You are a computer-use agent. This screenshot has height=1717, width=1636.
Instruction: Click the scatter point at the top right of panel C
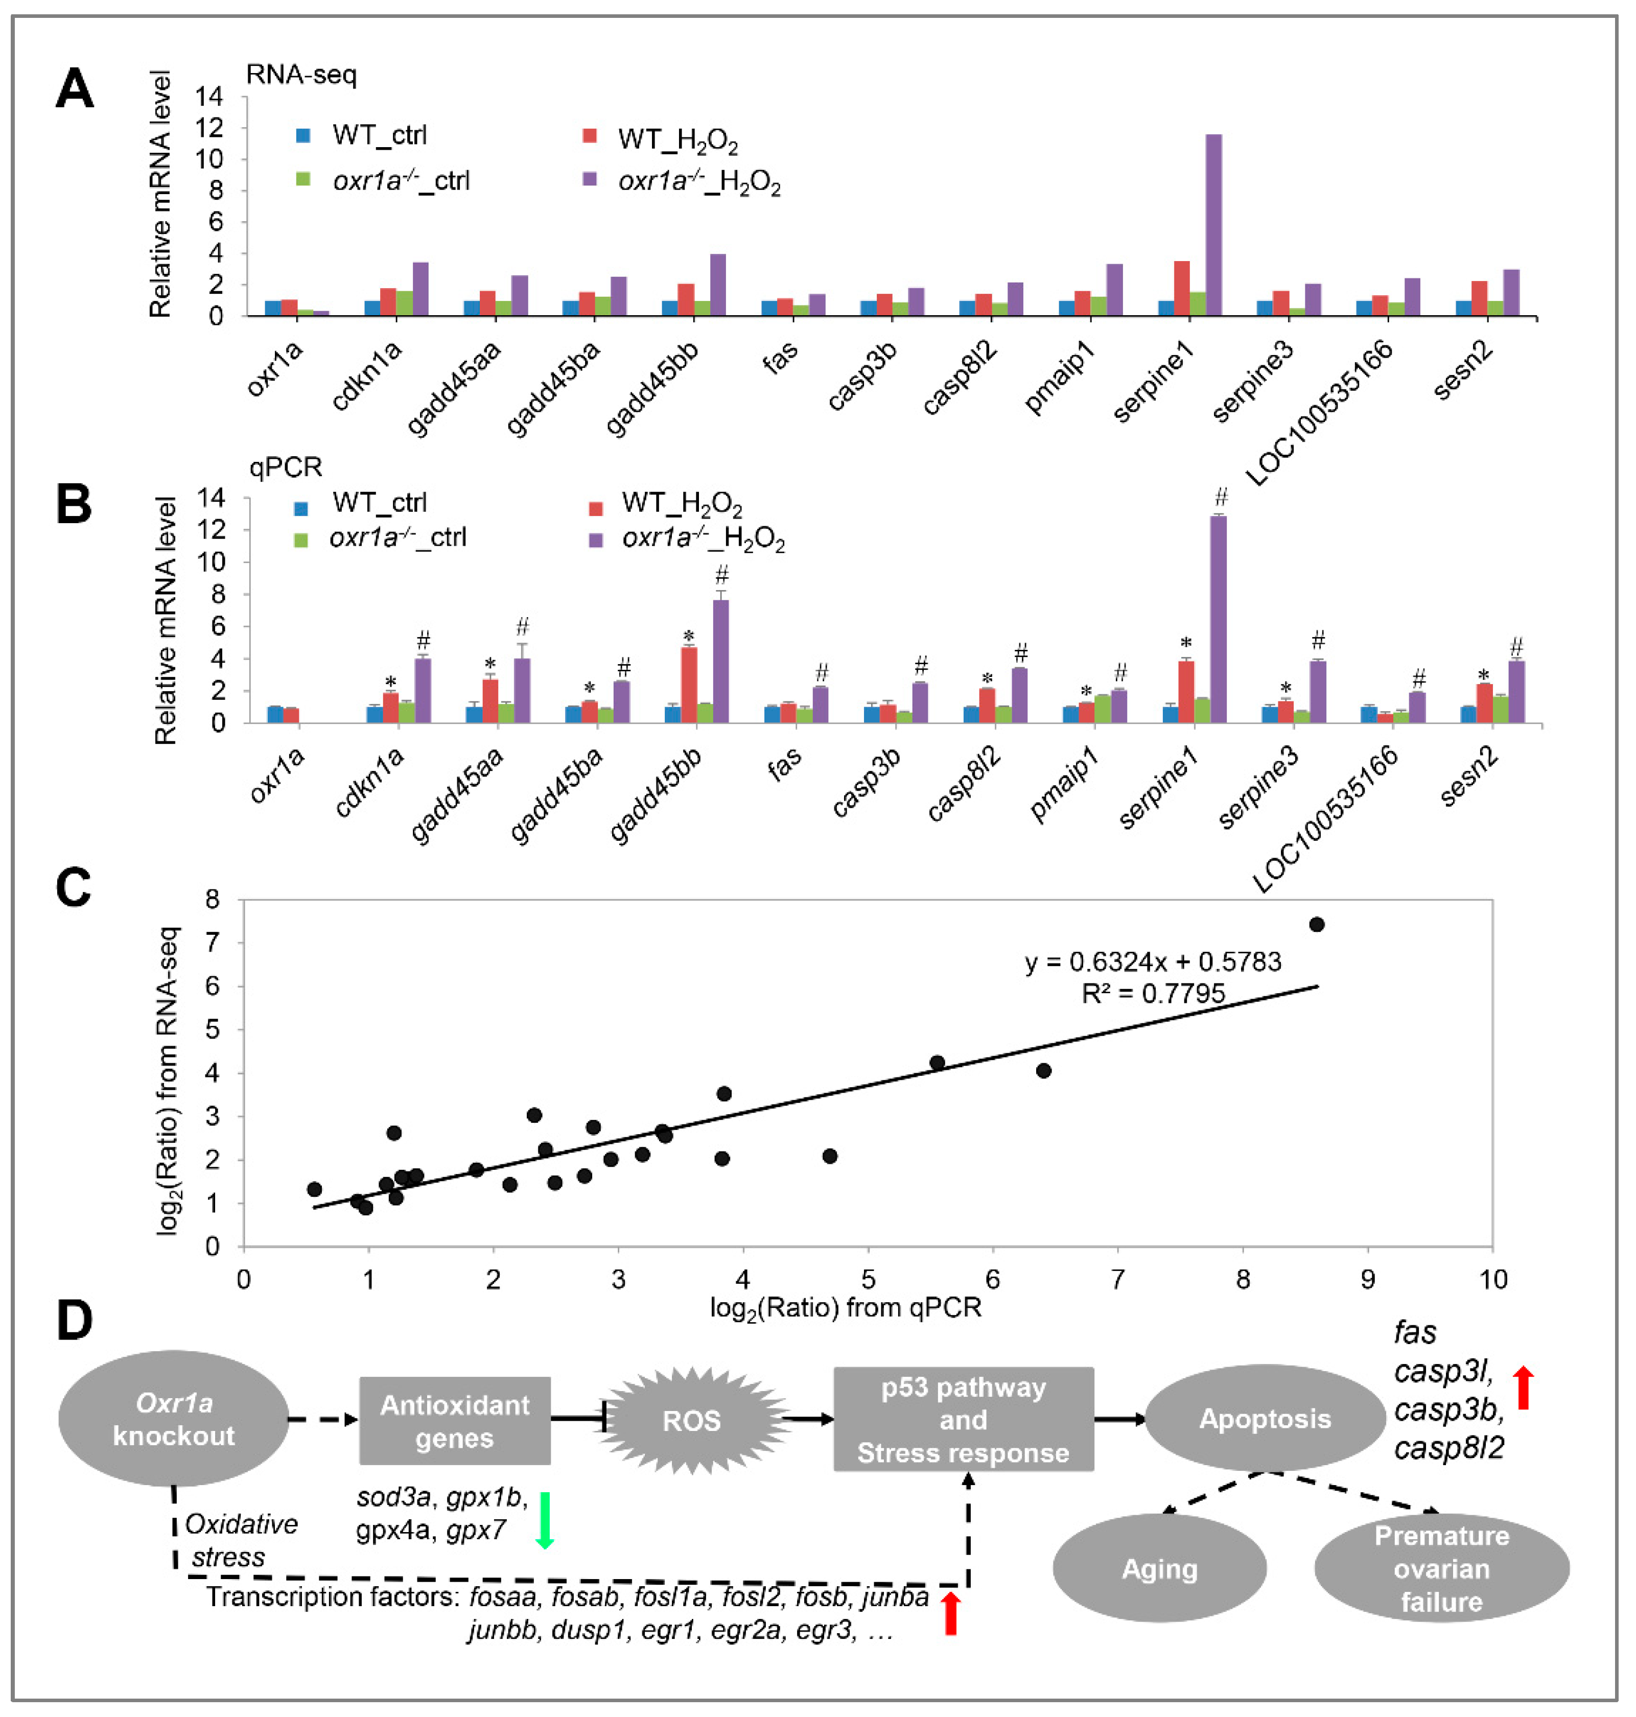pyautogui.click(x=1317, y=924)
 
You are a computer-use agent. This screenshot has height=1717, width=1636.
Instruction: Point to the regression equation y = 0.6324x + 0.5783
pyautogui.click(x=1153, y=962)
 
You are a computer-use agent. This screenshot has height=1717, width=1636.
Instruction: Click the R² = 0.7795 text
pyautogui.click(x=1153, y=993)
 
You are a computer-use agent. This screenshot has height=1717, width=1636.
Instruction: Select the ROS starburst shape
pyautogui.click(x=692, y=1421)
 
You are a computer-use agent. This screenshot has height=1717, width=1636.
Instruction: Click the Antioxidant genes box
pyautogui.click(x=454, y=1421)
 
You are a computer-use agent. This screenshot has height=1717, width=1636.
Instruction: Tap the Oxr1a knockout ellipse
pyautogui.click(x=174, y=1419)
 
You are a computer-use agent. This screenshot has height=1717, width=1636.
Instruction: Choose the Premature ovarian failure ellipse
pyautogui.click(x=1441, y=1568)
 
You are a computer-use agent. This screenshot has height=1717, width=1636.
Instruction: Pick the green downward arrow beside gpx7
pyautogui.click(x=545, y=1520)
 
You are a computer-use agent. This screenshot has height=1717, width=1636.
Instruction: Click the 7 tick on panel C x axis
pyautogui.click(x=1117, y=1279)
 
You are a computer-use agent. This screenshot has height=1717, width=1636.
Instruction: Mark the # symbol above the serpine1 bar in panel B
pyautogui.click(x=1221, y=497)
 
